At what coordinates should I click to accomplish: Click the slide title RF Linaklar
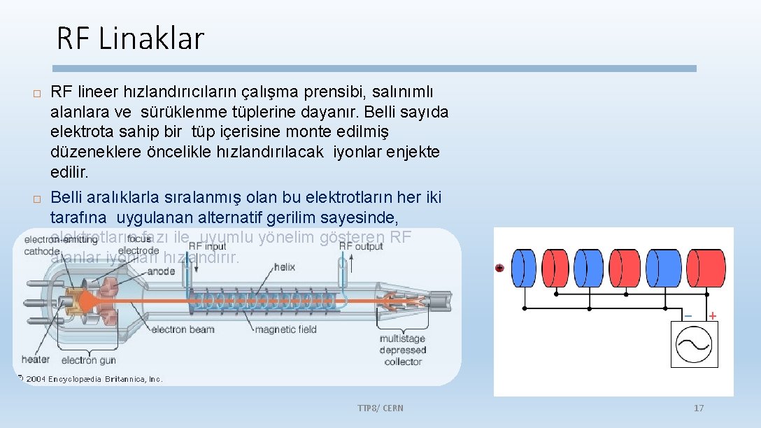130,38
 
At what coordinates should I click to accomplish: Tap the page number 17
698,408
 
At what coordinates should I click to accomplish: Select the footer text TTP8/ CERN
380,408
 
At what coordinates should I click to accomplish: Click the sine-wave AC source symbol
694,344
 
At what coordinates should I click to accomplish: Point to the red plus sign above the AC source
712,316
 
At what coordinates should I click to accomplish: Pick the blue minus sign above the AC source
688,316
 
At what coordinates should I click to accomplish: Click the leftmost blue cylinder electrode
524,268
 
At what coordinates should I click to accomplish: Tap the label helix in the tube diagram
285,266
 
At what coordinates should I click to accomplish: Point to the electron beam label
183,329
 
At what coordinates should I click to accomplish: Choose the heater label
36,359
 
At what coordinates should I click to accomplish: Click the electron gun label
88,361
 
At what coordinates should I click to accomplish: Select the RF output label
361,246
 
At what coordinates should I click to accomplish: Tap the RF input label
208,246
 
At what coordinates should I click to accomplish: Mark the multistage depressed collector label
402,350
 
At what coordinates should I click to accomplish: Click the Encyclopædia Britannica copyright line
91,379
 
